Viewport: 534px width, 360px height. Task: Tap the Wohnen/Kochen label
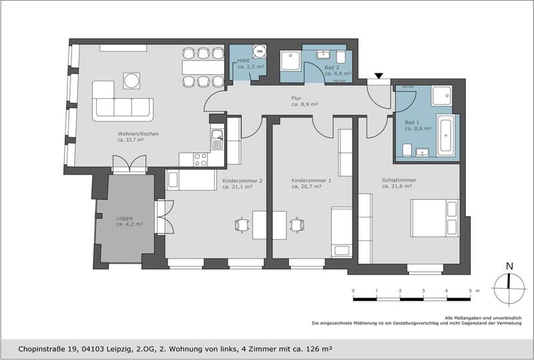[x=138, y=137]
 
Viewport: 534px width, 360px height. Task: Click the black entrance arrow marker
[x=378, y=77]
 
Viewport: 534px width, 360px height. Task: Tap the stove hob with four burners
[x=198, y=159]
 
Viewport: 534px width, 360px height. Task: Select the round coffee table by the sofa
[x=131, y=81]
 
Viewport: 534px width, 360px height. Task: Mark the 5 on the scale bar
[x=469, y=291]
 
